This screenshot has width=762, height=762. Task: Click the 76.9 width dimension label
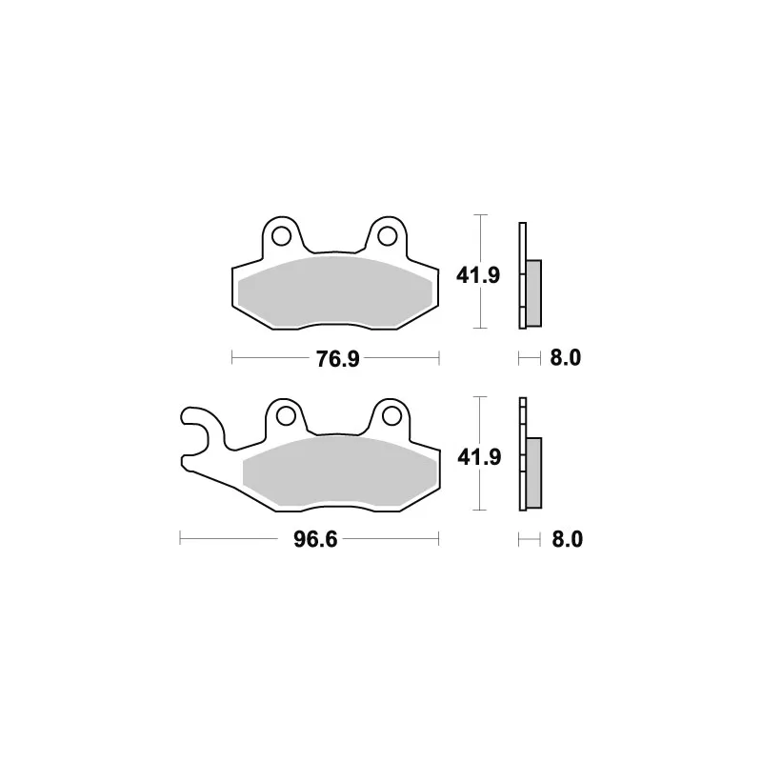(338, 359)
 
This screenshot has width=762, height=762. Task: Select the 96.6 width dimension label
(315, 539)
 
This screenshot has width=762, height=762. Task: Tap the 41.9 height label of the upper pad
(478, 275)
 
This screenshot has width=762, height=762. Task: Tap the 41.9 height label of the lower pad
(479, 457)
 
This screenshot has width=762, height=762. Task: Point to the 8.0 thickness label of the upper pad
(566, 358)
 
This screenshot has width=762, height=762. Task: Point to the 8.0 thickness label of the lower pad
(567, 539)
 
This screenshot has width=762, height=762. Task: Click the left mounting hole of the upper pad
(282, 236)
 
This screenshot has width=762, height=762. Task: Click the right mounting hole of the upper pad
(388, 236)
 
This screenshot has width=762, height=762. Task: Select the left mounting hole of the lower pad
(286, 416)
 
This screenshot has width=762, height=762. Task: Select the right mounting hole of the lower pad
(391, 416)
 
